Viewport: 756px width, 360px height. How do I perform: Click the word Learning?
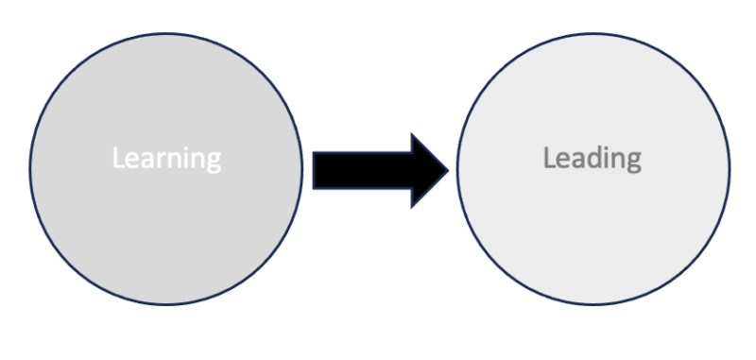tap(166, 157)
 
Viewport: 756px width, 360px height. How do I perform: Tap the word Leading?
tap(592, 157)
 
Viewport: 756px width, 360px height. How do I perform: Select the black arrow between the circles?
tap(378, 169)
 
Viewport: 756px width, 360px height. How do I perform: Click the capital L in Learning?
tap(117, 157)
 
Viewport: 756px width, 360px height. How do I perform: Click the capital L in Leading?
tap(548, 157)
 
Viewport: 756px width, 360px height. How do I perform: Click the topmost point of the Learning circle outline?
tap(166, 32)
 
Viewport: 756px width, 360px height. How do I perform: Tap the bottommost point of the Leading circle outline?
tap(593, 305)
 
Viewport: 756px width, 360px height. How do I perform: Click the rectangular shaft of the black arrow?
tap(359, 169)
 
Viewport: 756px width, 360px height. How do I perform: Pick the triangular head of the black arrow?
tap(427, 169)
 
